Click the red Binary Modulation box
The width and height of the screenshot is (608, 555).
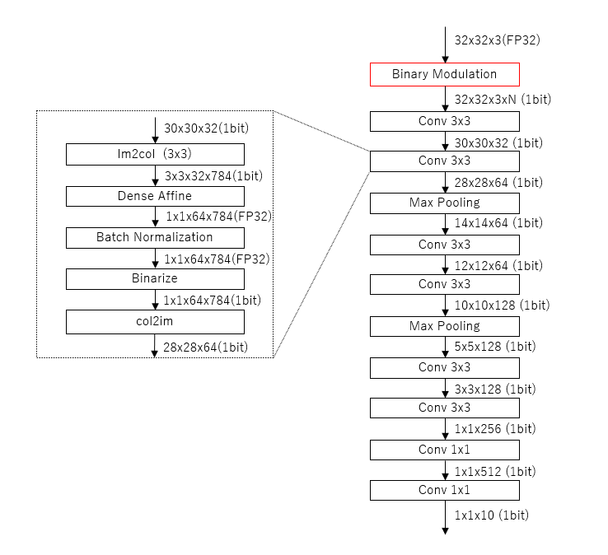(444, 74)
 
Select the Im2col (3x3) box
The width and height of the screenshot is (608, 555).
(155, 154)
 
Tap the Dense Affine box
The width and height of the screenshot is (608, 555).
(155, 196)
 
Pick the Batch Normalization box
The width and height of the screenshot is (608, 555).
(155, 237)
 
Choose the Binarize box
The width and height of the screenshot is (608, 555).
(155, 278)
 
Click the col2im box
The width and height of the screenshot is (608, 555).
(155, 320)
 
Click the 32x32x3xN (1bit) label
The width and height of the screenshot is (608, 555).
(503, 100)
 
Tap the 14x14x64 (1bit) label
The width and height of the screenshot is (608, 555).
(498, 223)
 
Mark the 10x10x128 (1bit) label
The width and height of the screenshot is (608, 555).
(502, 305)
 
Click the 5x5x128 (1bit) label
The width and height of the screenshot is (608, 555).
(498, 347)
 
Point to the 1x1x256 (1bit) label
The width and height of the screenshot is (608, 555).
(495, 429)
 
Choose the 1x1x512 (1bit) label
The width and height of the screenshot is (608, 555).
(495, 471)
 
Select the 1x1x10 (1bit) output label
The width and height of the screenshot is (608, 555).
(492, 515)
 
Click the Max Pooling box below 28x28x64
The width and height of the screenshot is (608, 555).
(444, 203)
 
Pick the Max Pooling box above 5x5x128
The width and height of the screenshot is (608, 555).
(444, 326)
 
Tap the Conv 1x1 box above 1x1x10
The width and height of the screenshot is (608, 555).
(444, 491)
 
